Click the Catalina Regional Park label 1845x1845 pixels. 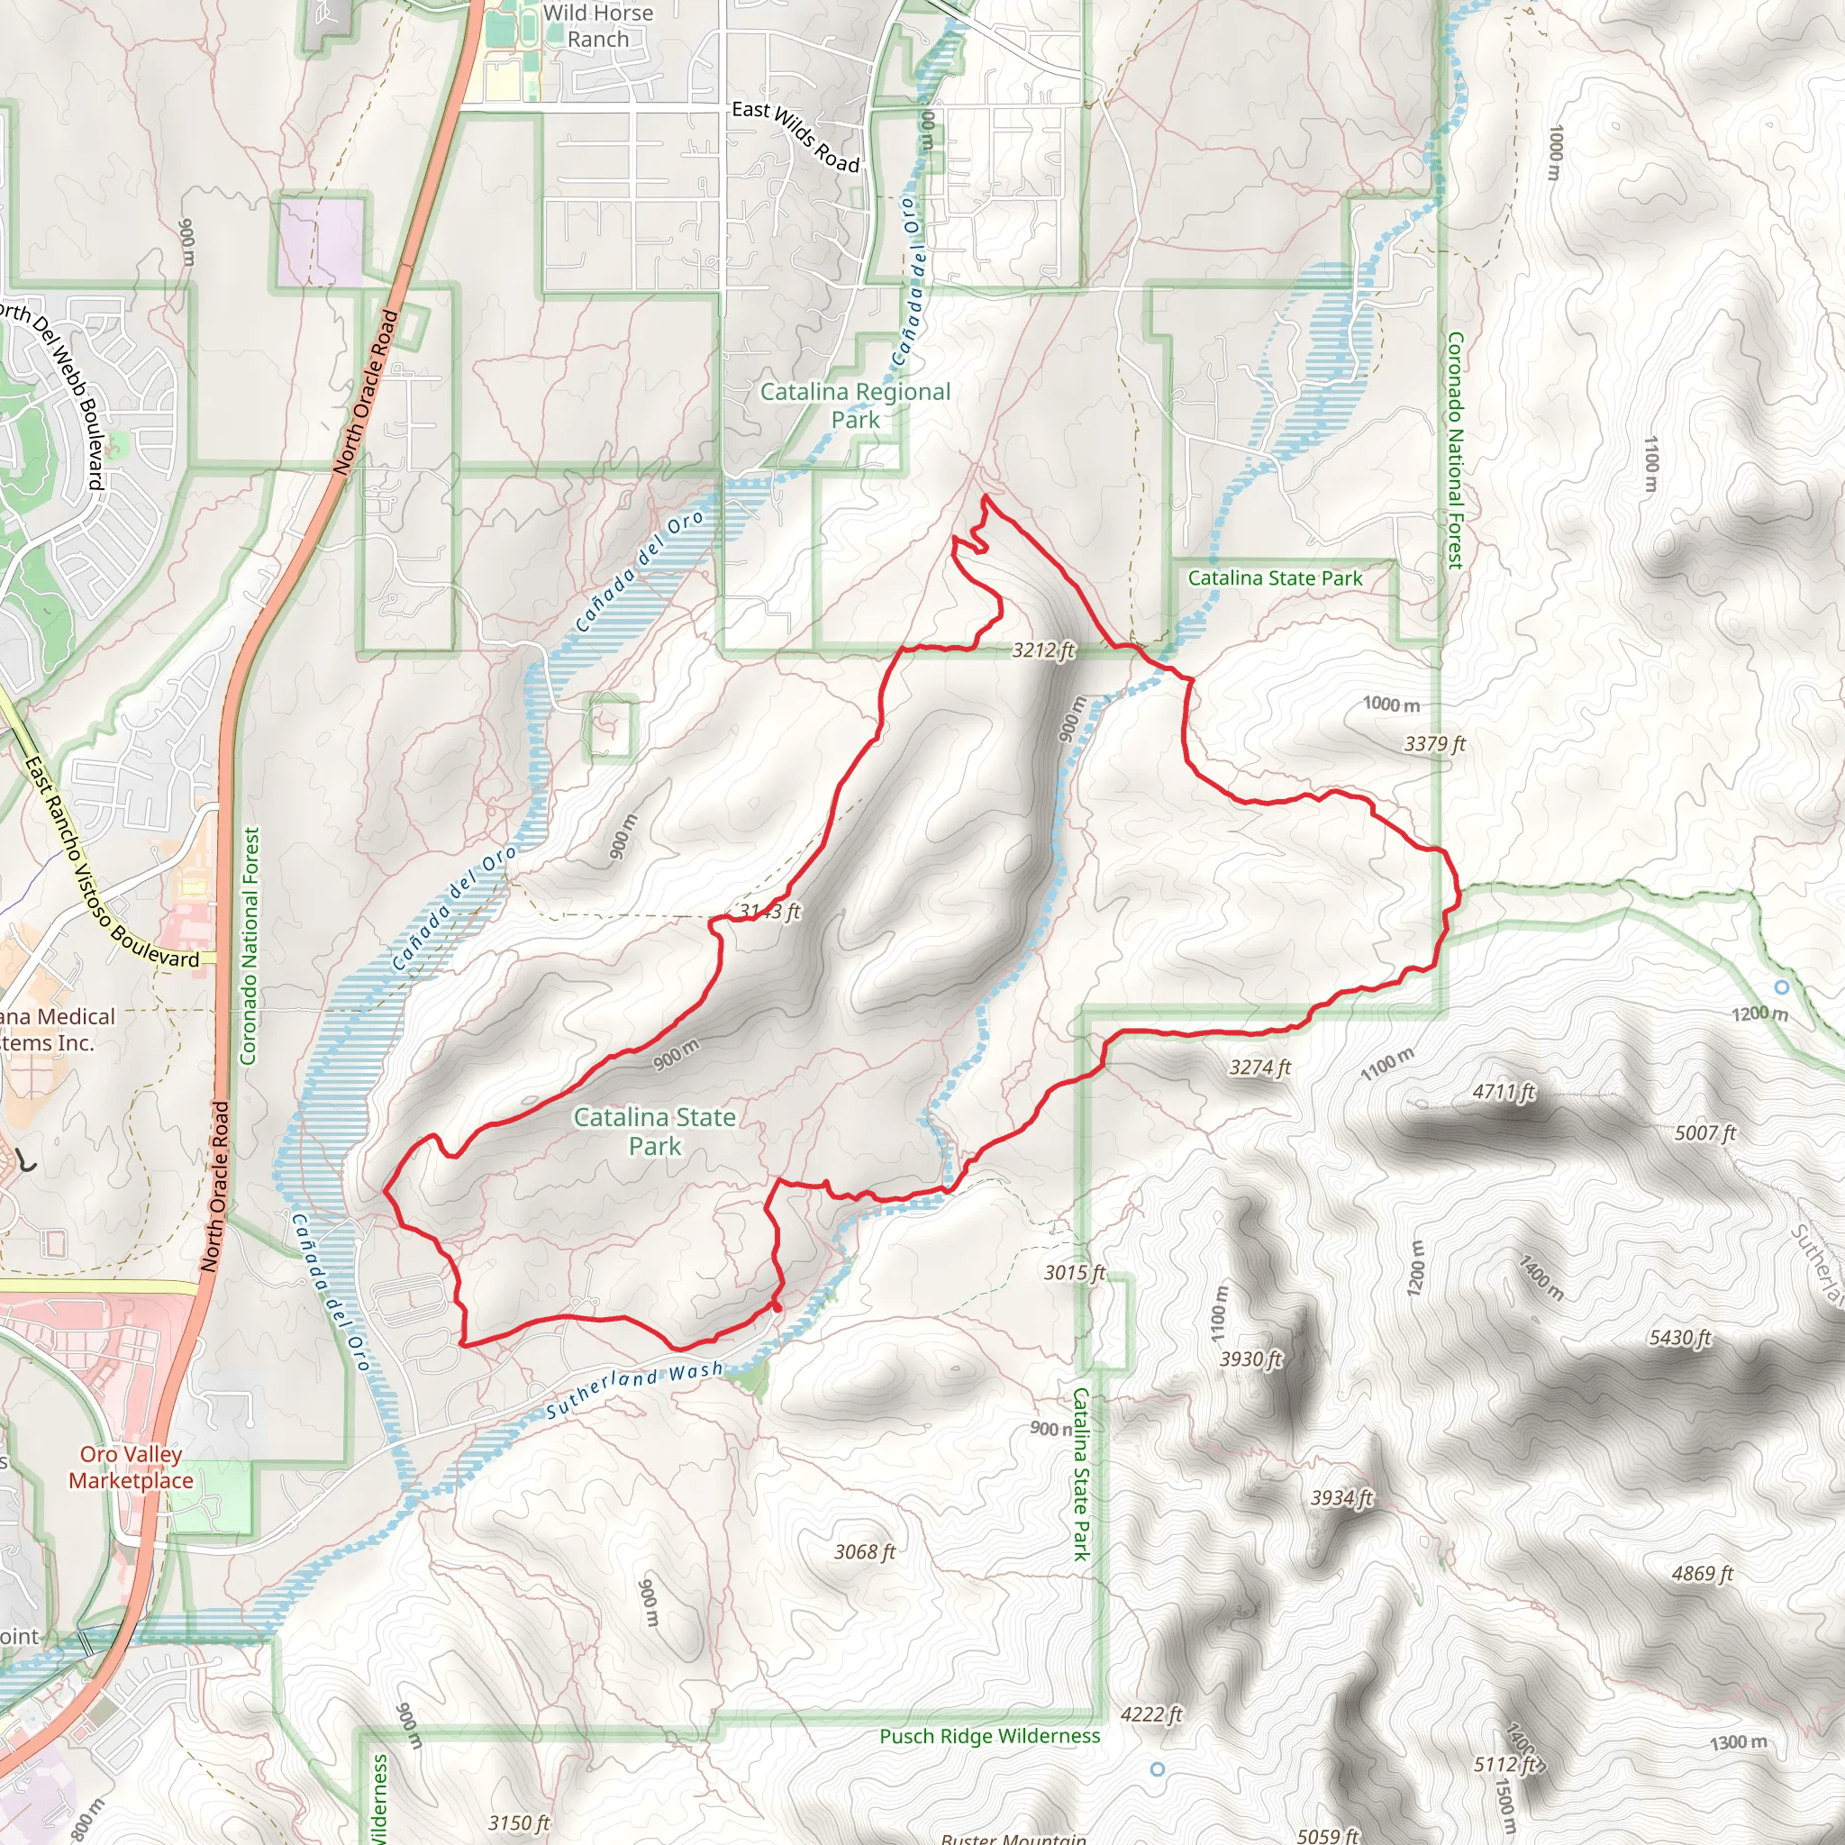pos(855,404)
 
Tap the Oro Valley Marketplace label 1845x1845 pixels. pos(131,1467)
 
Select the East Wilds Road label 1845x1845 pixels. pos(795,137)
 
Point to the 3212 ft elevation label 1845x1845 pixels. pos(1043,650)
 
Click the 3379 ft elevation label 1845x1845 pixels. pos(1433,744)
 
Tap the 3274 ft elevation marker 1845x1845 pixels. pos(1259,1068)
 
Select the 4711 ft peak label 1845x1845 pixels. pos(1504,1092)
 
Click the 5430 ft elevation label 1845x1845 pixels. pos(1680,1338)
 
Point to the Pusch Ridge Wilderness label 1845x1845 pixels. pos(989,1736)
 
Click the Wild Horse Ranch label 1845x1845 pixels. pos(598,26)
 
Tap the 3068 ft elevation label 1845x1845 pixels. pos(864,1552)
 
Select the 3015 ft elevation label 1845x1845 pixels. pos(1075,1272)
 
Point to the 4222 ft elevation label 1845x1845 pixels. pos(1151,1714)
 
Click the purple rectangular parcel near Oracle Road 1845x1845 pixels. pos(322,242)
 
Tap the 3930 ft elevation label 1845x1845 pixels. pos(1250,1358)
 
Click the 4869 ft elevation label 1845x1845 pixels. pos(1702,1574)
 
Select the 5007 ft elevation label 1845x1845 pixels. pos(1704,1133)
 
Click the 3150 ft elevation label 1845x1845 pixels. pos(519,1823)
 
